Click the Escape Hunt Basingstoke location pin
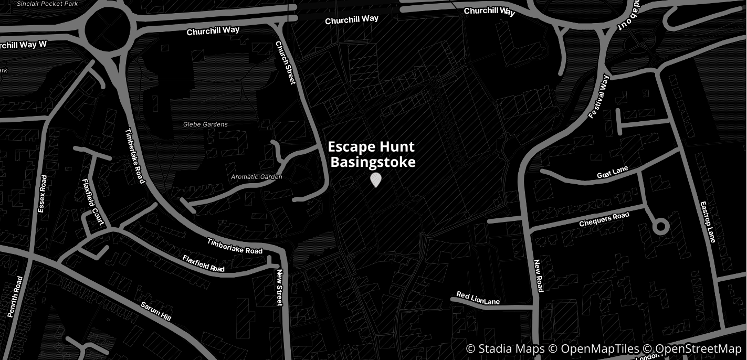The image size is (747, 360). click(x=375, y=180)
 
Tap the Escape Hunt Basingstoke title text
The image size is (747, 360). click(x=372, y=154)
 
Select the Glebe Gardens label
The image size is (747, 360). click(x=205, y=124)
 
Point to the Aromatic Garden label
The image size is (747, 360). click(x=257, y=177)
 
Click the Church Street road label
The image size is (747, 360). click(x=286, y=63)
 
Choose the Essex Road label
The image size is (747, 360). click(x=43, y=194)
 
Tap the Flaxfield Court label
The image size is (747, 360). click(x=93, y=202)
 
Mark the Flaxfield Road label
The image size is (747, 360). click(x=203, y=263)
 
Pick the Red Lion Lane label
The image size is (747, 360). click(x=478, y=299)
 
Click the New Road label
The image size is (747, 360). click(x=538, y=276)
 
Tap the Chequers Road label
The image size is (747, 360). click(x=604, y=219)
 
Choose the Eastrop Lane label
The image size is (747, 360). click(x=707, y=222)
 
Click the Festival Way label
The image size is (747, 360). click(x=598, y=97)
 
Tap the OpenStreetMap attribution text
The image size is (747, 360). click(x=698, y=349)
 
